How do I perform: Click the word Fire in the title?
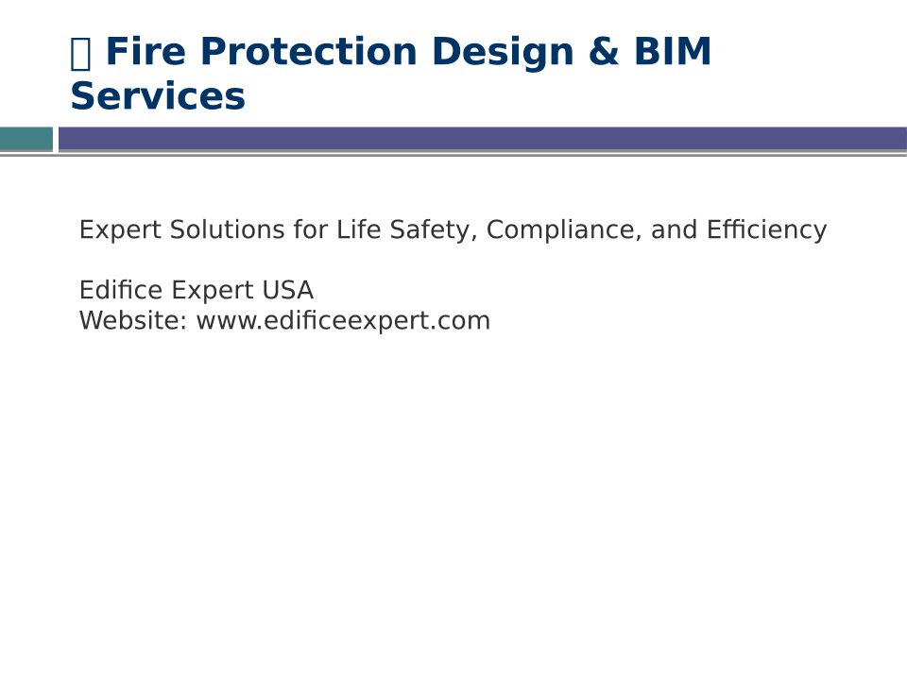click(x=145, y=51)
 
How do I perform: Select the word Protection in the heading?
click(x=309, y=51)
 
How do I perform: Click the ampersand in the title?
click(x=604, y=51)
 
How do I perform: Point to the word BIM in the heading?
click(x=673, y=51)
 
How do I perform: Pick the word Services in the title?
click(x=158, y=96)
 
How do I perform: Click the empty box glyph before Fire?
click(x=80, y=53)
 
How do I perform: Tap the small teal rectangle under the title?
click(x=26, y=139)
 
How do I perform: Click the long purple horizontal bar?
click(x=483, y=139)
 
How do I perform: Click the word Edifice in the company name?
click(x=121, y=290)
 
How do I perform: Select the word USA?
click(x=287, y=290)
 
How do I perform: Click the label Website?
click(x=133, y=320)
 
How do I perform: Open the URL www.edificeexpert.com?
click(x=343, y=321)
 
